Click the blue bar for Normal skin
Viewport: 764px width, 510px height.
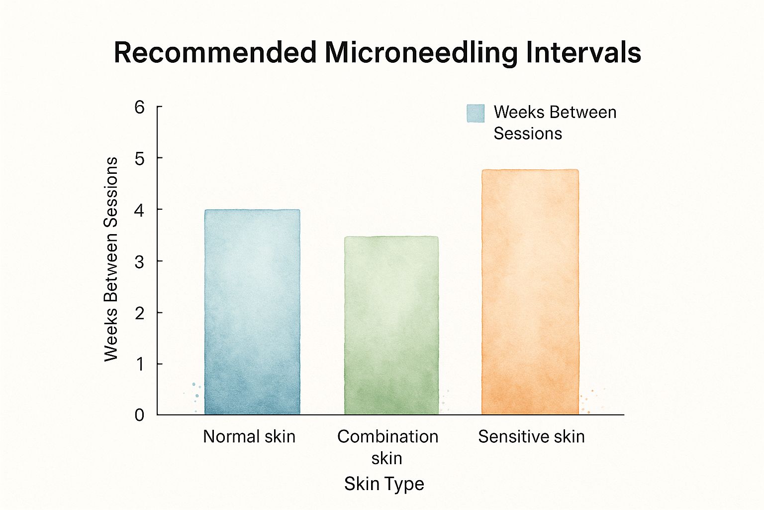pos(252,312)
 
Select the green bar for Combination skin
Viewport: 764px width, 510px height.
pos(391,325)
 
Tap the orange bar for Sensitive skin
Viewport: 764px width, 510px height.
pos(530,292)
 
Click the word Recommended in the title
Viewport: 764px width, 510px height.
pos(215,52)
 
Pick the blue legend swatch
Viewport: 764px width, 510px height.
pos(476,114)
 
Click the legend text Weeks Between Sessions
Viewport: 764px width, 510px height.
pos(554,123)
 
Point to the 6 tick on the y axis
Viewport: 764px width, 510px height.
pos(140,107)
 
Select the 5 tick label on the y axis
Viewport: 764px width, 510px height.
pos(140,159)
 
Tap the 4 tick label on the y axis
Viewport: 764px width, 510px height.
pos(140,211)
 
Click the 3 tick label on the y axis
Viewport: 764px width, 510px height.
pos(140,262)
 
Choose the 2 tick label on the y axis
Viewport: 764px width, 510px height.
pos(140,313)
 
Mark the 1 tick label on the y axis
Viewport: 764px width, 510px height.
pos(140,365)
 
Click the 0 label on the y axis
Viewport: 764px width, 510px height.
pos(140,415)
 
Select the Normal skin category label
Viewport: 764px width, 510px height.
pos(249,437)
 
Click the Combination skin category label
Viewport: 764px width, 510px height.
pos(387,447)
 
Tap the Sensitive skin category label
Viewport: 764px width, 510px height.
pos(531,437)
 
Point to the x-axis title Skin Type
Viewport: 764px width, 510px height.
pos(384,484)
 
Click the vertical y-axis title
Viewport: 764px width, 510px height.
pos(111,259)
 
